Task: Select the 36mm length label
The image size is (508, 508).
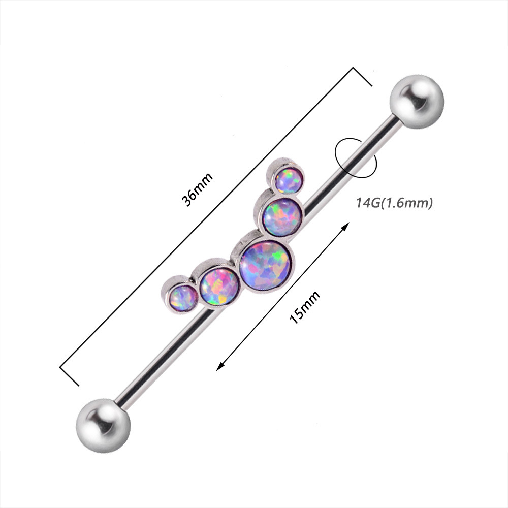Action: (x=198, y=189)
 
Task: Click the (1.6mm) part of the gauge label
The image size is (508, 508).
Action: (x=407, y=204)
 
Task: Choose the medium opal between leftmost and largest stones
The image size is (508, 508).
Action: (x=219, y=286)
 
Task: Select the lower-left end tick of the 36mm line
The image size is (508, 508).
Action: (x=70, y=375)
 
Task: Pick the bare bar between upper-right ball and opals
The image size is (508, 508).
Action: (x=356, y=157)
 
